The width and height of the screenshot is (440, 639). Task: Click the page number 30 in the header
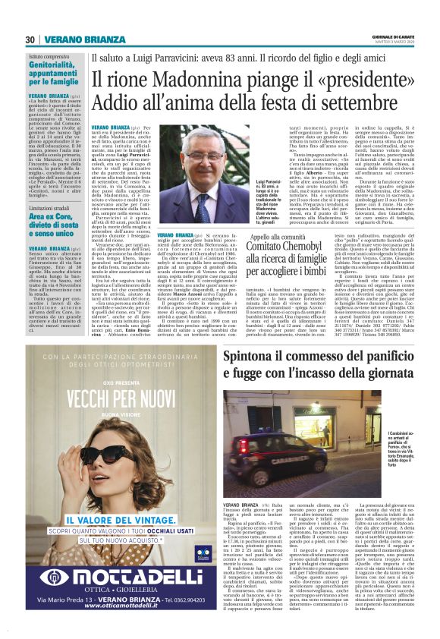[30, 39]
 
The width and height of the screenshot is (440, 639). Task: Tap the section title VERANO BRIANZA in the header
[74, 39]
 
